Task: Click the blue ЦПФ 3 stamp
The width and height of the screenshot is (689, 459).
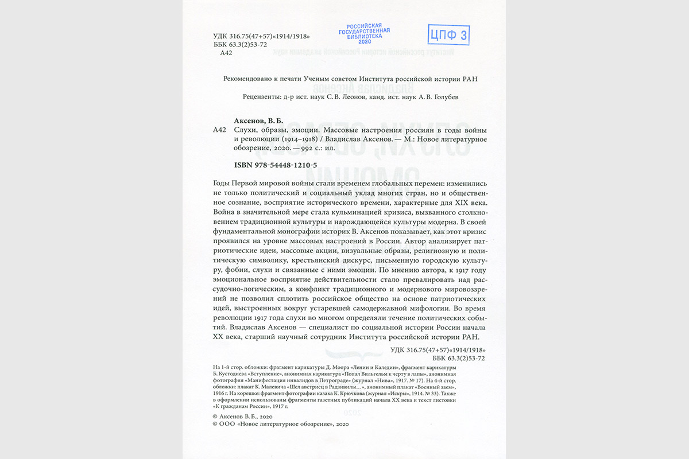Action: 448,35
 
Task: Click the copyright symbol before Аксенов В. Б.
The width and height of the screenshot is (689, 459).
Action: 215,416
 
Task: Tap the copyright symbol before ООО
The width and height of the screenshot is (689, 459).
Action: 215,423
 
